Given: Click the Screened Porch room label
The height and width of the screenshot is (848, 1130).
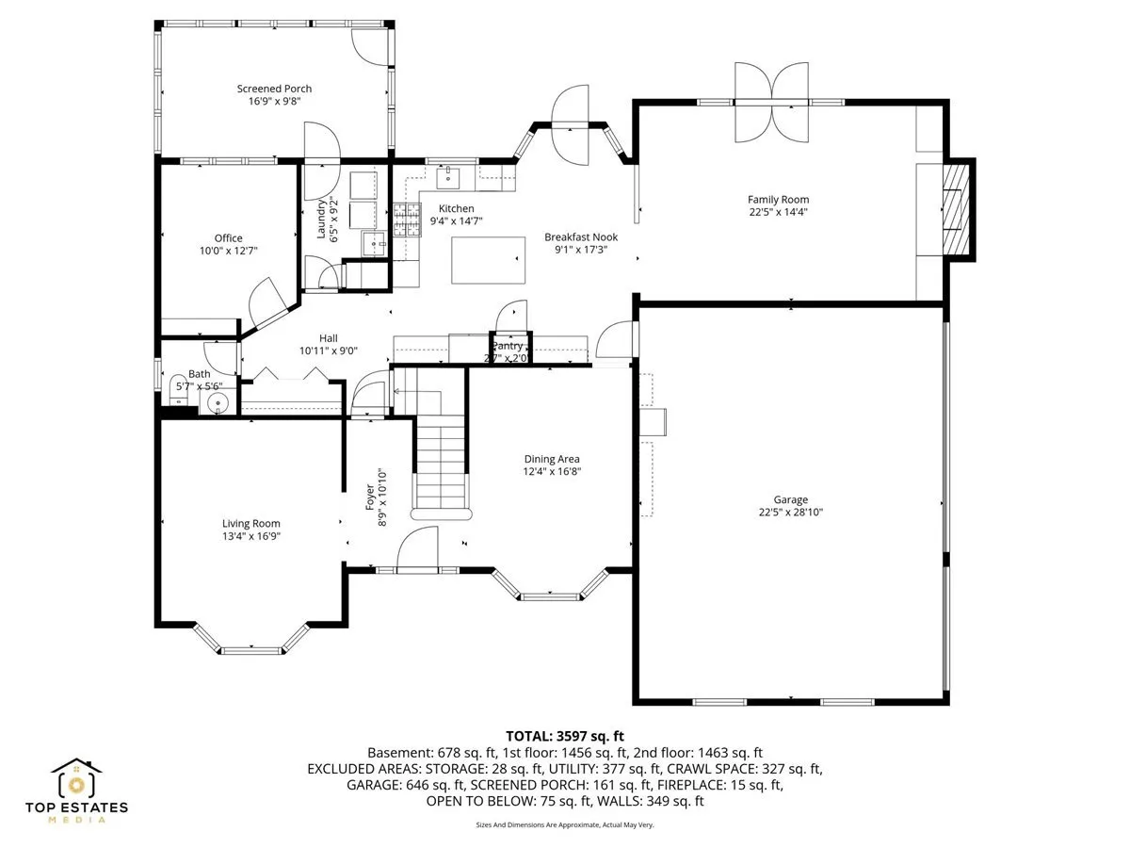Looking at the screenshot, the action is [x=274, y=89].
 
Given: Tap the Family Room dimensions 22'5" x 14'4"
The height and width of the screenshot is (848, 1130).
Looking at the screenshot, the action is [x=778, y=212].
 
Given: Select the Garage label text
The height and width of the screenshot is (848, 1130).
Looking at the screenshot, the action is [x=790, y=499].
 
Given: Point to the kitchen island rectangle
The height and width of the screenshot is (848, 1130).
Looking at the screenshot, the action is [x=488, y=260].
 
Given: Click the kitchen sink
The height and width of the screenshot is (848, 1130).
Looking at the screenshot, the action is [x=448, y=178].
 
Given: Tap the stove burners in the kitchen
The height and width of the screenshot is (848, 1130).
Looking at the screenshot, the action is [x=407, y=220].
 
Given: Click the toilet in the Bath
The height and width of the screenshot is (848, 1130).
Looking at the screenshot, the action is [x=178, y=389].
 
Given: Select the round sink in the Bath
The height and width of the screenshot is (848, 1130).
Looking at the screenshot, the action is [x=218, y=402].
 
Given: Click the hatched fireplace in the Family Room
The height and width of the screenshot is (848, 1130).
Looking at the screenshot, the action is [x=956, y=209].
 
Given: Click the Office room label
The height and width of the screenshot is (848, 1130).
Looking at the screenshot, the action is [x=228, y=238].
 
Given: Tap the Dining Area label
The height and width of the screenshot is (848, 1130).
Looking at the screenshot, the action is [x=552, y=459].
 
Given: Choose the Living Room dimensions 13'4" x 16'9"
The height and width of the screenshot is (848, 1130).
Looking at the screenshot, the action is [x=250, y=536].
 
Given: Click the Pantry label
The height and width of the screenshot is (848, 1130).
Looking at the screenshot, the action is [x=507, y=346].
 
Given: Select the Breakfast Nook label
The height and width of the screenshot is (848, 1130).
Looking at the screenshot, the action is [x=581, y=237].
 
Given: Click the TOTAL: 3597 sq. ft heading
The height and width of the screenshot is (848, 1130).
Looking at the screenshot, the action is [x=565, y=736].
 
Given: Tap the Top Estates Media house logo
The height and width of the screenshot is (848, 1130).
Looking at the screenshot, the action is [x=76, y=777].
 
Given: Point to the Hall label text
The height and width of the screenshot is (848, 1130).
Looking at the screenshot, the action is [x=329, y=338].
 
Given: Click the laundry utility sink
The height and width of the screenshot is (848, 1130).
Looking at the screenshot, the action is [x=373, y=243].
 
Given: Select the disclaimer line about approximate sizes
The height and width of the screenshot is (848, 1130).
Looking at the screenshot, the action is [x=565, y=824].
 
